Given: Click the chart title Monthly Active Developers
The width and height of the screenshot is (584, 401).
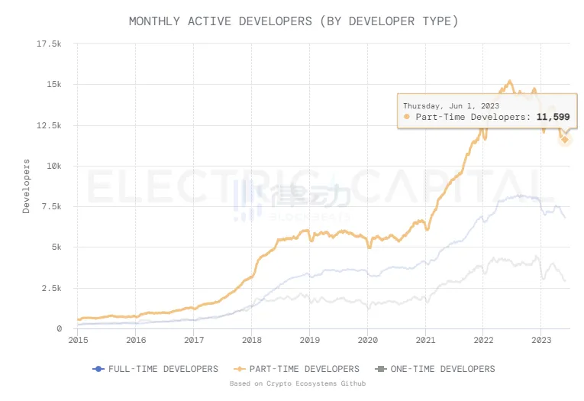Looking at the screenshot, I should (293, 21).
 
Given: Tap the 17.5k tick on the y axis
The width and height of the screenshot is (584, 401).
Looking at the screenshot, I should (49, 44).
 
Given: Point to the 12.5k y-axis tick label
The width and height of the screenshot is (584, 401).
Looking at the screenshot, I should (49, 125).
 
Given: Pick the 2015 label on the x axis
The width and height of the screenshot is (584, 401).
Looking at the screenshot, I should (78, 341).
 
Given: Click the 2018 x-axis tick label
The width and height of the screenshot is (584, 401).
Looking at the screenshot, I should (252, 341).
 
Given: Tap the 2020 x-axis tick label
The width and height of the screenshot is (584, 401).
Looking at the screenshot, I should (368, 341).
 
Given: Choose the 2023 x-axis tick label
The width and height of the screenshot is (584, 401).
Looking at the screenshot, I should (541, 341).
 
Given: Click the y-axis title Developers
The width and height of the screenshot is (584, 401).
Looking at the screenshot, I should (26, 186).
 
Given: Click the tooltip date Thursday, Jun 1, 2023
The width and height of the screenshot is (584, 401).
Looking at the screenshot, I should (450, 105).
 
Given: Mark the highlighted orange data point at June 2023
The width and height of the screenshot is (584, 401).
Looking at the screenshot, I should (565, 139).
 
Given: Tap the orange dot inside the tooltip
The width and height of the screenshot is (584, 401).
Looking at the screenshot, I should (407, 117).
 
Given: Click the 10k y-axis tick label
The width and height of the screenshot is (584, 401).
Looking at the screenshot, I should (52, 166).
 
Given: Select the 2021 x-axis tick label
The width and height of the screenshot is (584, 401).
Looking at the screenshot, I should (425, 341).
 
